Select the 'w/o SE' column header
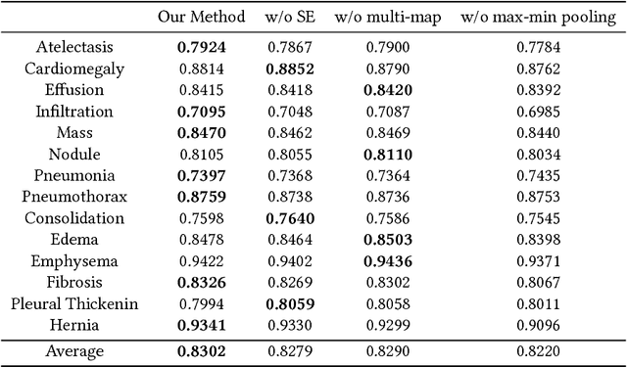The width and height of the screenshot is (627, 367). pos(289,18)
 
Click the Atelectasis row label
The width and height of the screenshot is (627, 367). pos(75,47)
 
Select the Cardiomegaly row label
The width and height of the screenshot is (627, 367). pos(74,69)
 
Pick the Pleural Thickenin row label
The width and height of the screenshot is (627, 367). pos(74,304)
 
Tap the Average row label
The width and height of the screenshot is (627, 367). pos(75,350)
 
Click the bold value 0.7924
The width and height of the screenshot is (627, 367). pos(200,47)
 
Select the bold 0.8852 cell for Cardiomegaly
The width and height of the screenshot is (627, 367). pos(289,69)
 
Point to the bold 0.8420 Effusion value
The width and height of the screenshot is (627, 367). pos(386,90)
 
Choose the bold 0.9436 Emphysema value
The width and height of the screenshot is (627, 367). pos(386,261)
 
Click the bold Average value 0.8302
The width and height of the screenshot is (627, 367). pos(200,350)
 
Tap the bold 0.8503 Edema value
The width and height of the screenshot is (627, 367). pos(386,240)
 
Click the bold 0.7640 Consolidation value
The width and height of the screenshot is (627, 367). pos(289,218)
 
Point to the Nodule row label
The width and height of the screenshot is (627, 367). pos(75,155)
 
